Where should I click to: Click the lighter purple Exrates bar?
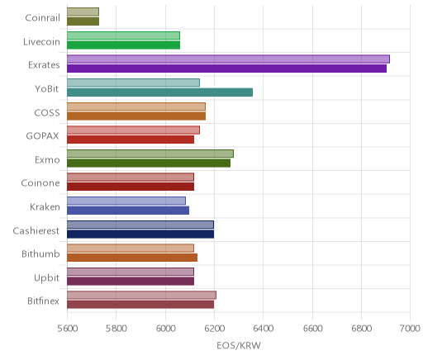click(x=228, y=59)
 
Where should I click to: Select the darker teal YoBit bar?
click(x=159, y=92)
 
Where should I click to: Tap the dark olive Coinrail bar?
click(x=83, y=21)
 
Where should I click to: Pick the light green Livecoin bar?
click(x=123, y=36)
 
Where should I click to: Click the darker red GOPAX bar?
click(x=131, y=140)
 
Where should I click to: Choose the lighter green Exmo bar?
click(x=150, y=154)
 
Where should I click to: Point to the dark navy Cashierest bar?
click(x=140, y=234)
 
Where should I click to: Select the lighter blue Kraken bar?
click(x=126, y=201)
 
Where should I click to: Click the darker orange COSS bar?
click(x=136, y=116)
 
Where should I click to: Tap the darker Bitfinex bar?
click(x=140, y=305)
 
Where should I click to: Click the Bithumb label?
click(x=40, y=253)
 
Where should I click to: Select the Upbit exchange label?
click(x=46, y=277)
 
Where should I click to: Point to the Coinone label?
click(x=40, y=183)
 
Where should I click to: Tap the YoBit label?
click(x=47, y=89)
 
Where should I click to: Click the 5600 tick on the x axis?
click(x=68, y=329)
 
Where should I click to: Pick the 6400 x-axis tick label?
click(x=264, y=329)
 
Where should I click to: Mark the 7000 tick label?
click(x=411, y=329)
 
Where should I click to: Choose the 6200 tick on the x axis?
click(x=214, y=329)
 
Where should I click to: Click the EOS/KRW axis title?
click(x=239, y=346)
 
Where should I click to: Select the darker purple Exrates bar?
click(x=226, y=69)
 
